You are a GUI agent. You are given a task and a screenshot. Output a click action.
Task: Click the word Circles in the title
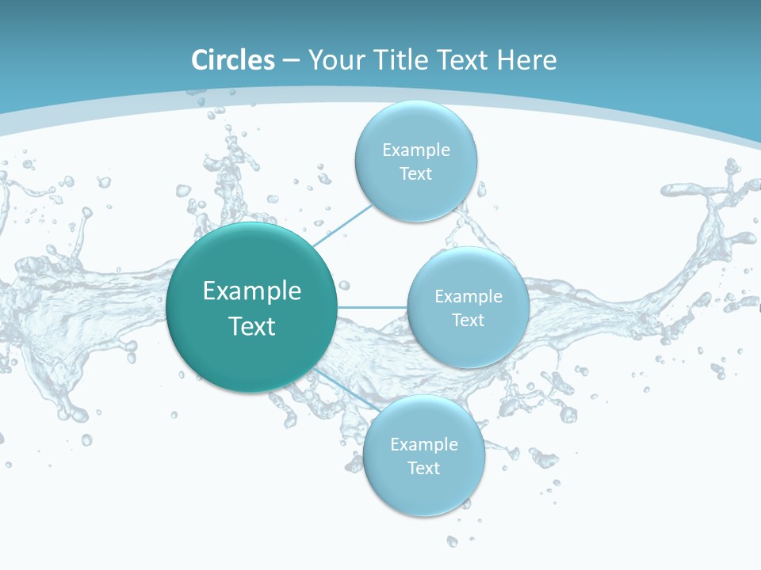click(232, 60)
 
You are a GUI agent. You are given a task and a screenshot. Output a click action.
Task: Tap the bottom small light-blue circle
click(423, 495)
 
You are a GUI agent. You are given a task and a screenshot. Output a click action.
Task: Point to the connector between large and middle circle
click(373, 307)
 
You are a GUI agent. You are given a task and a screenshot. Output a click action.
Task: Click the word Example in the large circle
click(252, 291)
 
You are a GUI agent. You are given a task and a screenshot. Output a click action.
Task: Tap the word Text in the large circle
click(252, 326)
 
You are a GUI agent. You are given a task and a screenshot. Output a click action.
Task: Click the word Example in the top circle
click(416, 150)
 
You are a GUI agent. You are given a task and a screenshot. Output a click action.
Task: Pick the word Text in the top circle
click(415, 174)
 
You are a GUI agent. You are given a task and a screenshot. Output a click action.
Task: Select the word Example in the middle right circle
click(468, 297)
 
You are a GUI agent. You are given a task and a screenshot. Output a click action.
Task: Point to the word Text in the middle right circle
click(468, 321)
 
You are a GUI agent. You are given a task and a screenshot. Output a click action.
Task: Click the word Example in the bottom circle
click(424, 445)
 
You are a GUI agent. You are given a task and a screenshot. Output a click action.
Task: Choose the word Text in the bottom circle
click(423, 469)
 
